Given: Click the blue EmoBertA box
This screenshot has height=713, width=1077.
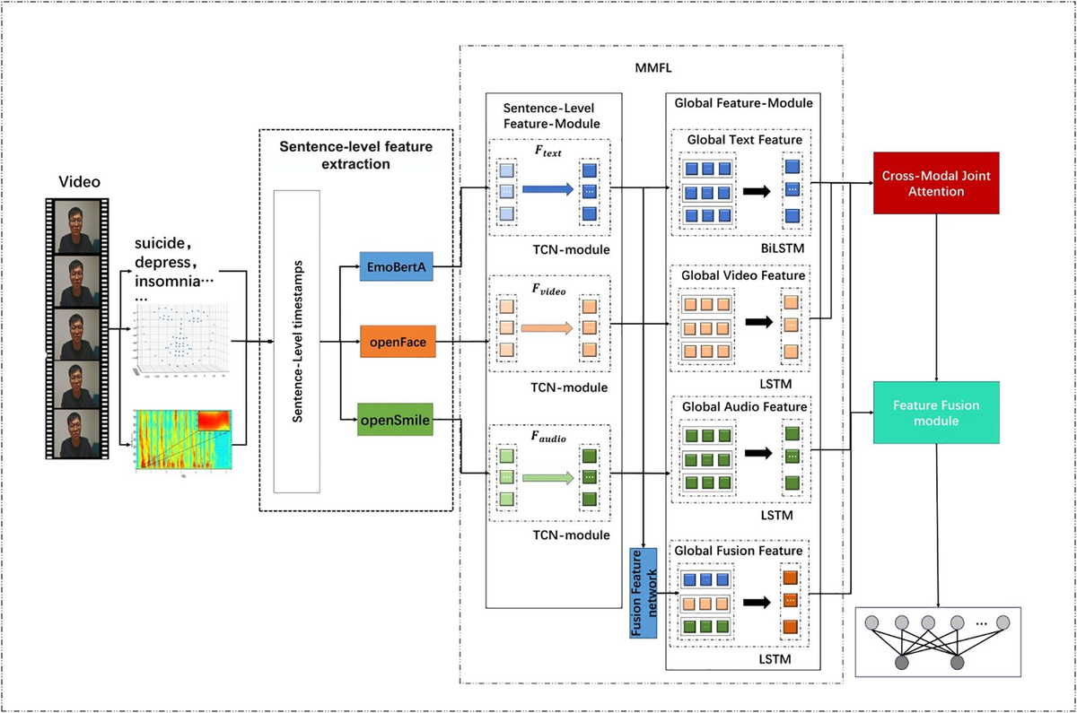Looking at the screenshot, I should tap(397, 267).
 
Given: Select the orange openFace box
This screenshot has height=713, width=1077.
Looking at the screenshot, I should tap(397, 342).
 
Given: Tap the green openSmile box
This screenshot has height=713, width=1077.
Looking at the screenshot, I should tap(396, 418).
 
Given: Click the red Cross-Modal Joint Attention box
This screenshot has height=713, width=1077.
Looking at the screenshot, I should tap(937, 183).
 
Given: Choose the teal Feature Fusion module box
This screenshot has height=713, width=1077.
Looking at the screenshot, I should tap(937, 412).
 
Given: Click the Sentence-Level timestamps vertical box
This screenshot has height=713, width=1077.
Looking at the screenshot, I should tap(296, 342).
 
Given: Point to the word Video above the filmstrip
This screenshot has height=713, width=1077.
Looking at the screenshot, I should tap(80, 182).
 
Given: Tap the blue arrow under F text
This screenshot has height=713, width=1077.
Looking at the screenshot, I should tap(547, 190).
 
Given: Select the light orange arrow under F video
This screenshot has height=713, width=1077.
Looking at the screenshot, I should tap(547, 328).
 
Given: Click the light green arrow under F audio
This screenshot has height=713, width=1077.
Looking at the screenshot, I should tap(547, 478).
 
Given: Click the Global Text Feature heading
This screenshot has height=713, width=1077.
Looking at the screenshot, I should tap(745, 140).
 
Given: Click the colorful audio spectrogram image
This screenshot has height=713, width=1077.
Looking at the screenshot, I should tap(183, 439).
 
